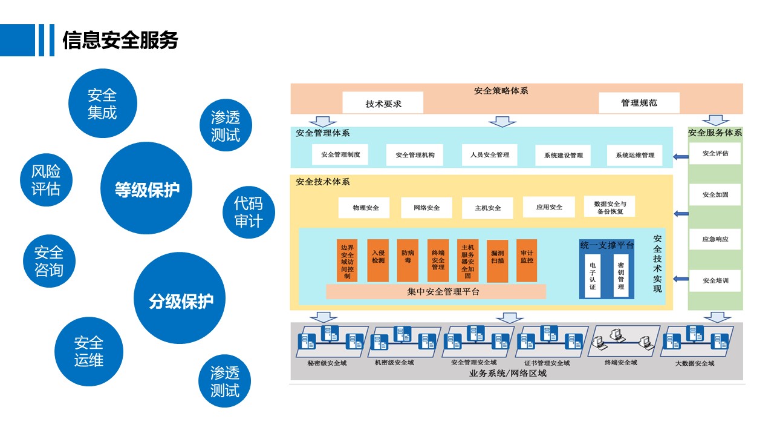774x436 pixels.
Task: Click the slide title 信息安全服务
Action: (120, 40)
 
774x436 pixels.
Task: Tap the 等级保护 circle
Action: (147, 189)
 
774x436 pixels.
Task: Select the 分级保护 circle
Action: (181, 300)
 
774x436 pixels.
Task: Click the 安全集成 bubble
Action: (102, 104)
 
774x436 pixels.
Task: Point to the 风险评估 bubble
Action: (46, 180)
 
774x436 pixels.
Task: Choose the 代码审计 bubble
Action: (248, 212)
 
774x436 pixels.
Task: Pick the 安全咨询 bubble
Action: (49, 260)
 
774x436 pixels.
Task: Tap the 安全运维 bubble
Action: (89, 351)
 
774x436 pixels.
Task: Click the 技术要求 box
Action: (383, 104)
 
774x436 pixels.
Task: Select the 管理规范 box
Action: (639, 103)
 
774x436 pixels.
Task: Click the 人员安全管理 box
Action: (489, 155)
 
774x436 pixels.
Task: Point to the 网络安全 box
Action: (426, 208)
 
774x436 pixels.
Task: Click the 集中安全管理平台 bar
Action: (435, 291)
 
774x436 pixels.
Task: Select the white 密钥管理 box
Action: (620, 276)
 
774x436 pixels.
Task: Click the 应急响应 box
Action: (715, 239)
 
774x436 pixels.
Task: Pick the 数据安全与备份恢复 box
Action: (610, 208)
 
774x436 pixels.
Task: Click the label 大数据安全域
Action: (695, 363)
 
